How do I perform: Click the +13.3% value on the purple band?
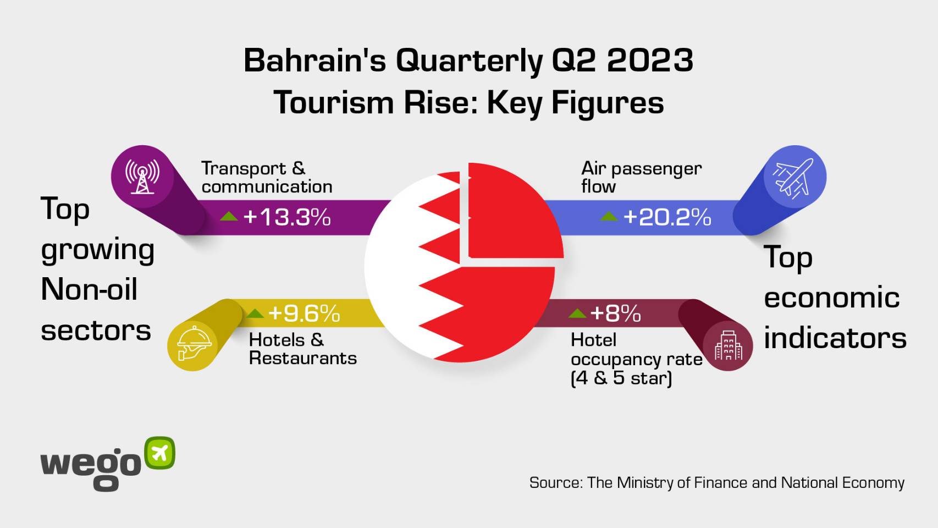click(287, 217)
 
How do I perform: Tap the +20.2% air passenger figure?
click(667, 217)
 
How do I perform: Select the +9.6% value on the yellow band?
click(304, 313)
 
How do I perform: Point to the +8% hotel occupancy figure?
click(615, 313)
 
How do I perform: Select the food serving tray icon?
click(194, 343)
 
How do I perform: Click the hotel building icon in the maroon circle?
click(729, 346)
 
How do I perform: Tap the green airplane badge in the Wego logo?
click(159, 453)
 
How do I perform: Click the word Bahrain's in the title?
click(314, 61)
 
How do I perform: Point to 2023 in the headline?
click(650, 61)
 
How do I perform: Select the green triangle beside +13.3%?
click(229, 216)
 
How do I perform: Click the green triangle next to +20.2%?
click(609, 216)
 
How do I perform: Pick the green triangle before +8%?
click(577, 313)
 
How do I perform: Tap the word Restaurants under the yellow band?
click(303, 358)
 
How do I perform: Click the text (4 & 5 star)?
click(621, 378)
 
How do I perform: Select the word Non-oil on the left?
click(89, 289)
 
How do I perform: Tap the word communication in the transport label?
click(267, 187)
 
